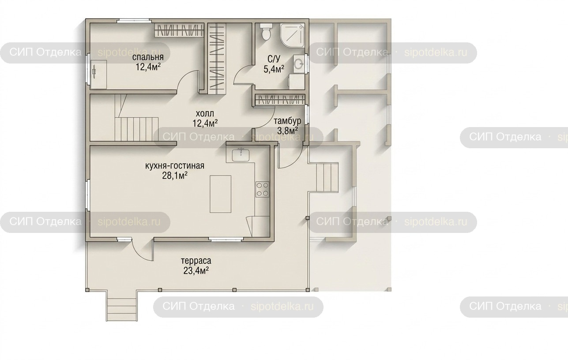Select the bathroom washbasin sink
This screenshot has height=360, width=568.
(299, 64)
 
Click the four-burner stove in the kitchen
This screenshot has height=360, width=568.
(262, 189)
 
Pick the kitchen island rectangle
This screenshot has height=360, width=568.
(220, 194)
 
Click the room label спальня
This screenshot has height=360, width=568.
(148, 57)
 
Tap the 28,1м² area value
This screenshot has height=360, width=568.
(175, 176)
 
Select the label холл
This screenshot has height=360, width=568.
(205, 113)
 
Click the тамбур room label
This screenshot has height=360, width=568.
(287, 121)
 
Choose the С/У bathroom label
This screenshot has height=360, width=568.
(274, 59)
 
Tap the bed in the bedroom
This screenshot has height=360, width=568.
(98, 74)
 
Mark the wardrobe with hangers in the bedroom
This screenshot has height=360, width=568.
(179, 30)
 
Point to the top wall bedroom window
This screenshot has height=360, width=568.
(134, 21)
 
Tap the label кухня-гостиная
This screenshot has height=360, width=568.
(175, 166)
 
